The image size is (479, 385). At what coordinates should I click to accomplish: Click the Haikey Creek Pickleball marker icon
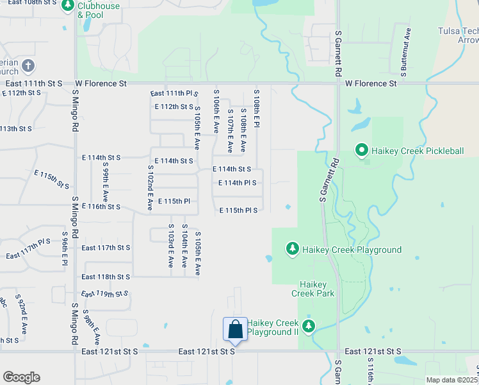pyautogui.click(x=361, y=151)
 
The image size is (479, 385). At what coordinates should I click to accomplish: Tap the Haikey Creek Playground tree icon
pyautogui.click(x=293, y=249)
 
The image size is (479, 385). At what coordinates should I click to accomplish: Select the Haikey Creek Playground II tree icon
pyautogui.click(x=309, y=326)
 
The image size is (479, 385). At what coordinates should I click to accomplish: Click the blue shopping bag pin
pyautogui.click(x=235, y=329)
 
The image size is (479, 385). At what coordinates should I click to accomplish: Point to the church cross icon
pyautogui.click(x=28, y=65)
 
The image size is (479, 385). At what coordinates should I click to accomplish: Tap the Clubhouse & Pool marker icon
pyautogui.click(x=67, y=6)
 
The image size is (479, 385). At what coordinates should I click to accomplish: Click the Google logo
pyautogui.click(x=21, y=377)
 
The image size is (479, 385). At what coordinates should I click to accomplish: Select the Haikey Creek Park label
pyautogui.click(x=313, y=289)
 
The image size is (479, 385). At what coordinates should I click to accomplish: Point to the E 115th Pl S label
pyautogui.click(x=238, y=210)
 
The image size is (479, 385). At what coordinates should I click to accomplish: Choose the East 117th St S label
pyautogui.click(x=106, y=248)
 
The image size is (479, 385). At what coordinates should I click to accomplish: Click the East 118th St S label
pyautogui.click(x=106, y=277)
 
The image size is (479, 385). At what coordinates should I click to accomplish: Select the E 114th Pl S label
pyautogui.click(x=237, y=183)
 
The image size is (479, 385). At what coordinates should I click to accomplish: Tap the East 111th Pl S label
pyautogui.click(x=174, y=94)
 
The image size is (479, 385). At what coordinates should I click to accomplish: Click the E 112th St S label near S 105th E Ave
pyautogui.click(x=174, y=107)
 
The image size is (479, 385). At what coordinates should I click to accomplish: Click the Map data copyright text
pyautogui.click(x=452, y=380)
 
